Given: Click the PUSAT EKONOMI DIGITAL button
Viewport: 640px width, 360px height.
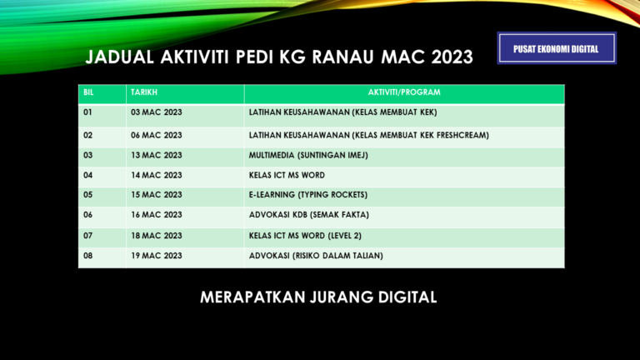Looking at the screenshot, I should pos(557,49).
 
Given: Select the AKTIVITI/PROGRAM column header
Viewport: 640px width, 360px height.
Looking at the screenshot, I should pos(404,92).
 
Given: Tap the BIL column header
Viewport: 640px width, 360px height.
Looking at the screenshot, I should pos(89,92).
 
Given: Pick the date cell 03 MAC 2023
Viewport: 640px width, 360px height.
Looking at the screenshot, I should pos(156,112).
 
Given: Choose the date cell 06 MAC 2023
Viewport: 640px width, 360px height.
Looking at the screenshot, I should pos(156,135).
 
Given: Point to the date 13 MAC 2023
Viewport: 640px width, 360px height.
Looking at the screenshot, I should pos(156,155).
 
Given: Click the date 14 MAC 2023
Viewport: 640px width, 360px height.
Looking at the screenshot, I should pos(156,175).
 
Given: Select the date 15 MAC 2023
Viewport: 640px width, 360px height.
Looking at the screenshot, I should pos(156,195).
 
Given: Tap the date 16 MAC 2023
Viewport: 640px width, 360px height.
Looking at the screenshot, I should pos(156,215).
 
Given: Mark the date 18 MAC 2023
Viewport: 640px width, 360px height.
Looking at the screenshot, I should pos(156,236).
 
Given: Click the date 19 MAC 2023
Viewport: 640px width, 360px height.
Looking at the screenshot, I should pos(156,256).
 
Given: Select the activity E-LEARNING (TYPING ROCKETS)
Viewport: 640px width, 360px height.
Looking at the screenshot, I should pos(307,195).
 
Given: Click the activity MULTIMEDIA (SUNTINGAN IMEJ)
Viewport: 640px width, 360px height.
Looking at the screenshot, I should pos(308,155).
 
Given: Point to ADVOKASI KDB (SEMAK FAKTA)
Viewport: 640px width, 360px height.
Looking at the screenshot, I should pos(308,215).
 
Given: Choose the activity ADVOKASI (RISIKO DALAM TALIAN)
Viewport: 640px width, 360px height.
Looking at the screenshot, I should pos(316,256).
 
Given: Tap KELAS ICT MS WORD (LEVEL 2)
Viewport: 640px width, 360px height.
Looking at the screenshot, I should pos(305,236).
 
